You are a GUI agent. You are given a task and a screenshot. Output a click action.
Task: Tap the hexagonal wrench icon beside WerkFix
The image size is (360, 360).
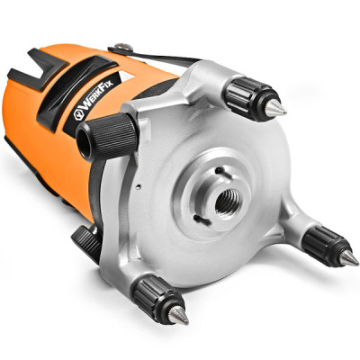79,115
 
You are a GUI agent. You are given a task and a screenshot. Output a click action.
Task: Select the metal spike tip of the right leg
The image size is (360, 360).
348,257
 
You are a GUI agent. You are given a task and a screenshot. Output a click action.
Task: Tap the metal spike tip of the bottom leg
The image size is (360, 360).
178,315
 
